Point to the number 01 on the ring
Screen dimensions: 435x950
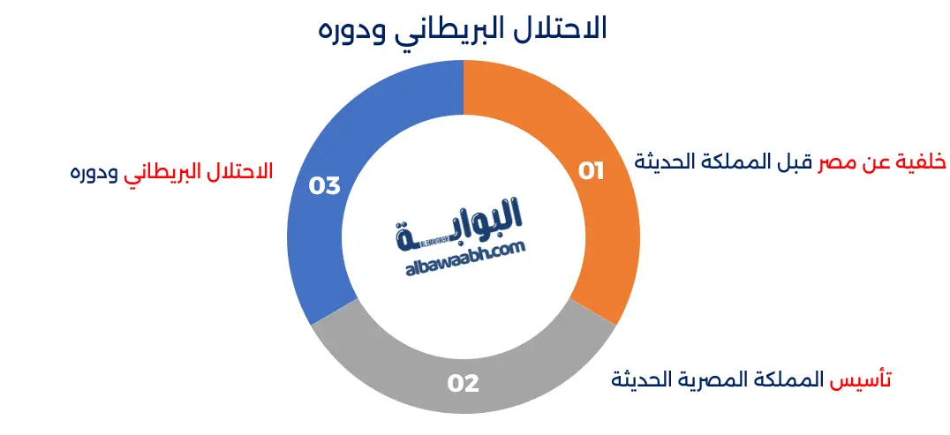(592, 171)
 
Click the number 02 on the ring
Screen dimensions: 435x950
(463, 384)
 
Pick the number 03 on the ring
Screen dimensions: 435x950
(324, 186)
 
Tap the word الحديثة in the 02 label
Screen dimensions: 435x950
(645, 380)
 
